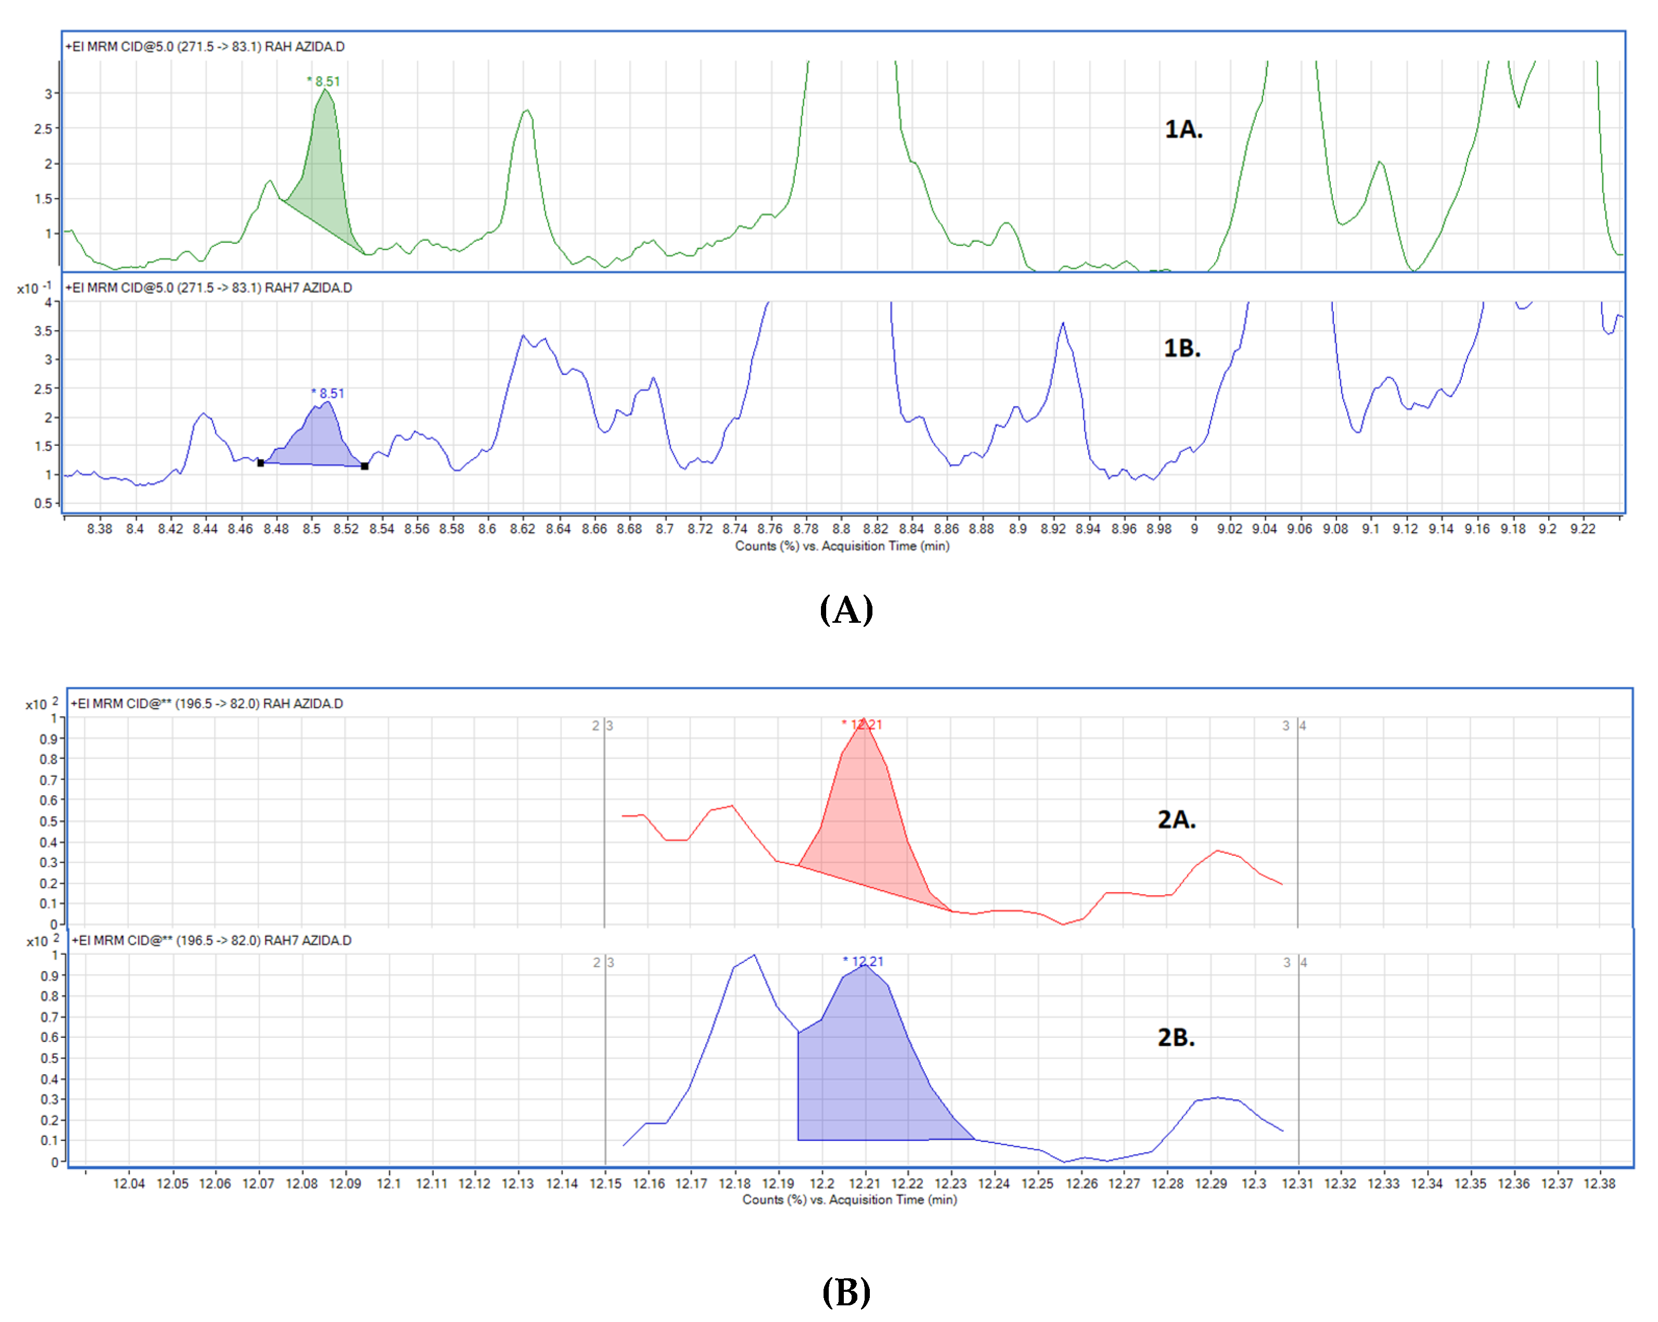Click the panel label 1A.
1182,129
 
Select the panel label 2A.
1175,819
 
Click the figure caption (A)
845,610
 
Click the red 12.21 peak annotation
862,724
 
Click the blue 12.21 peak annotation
864,961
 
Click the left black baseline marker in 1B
261,463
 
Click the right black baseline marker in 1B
365,466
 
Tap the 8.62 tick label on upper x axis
522,529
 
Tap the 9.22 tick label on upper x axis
1582,529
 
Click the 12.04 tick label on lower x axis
128,1184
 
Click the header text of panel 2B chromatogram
212,941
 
